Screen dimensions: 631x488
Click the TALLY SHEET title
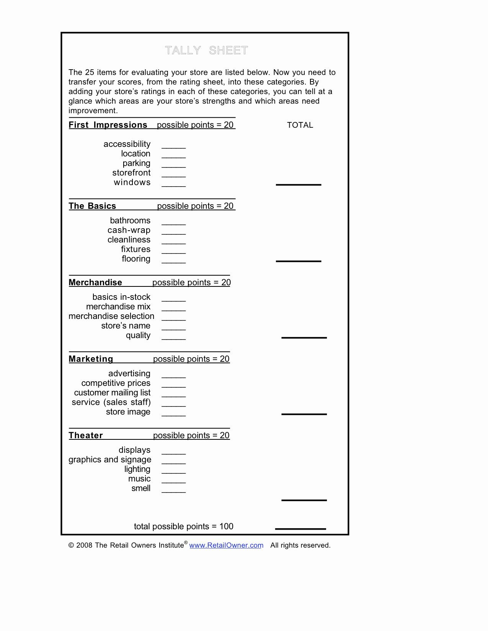click(207, 50)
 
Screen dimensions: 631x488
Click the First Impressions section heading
click(108, 125)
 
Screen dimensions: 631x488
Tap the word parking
click(136, 163)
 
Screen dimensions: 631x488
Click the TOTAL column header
click(300, 125)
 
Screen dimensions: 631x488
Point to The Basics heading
click(92, 206)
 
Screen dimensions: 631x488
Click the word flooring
click(136, 259)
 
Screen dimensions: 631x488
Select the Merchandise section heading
click(95, 283)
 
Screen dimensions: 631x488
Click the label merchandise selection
click(111, 316)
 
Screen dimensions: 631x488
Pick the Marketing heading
click(91, 359)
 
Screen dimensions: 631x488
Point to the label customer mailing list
click(112, 393)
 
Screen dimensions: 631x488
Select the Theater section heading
click(86, 436)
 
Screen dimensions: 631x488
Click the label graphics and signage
click(110, 460)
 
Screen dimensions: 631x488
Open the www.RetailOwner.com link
click(226, 545)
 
